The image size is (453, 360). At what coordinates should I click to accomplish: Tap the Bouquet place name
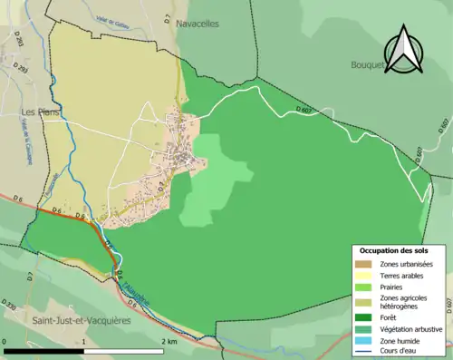370,64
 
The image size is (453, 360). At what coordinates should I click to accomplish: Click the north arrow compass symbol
404,50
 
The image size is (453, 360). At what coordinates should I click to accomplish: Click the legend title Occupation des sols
395,250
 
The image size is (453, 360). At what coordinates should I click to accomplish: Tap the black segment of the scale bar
44,350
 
